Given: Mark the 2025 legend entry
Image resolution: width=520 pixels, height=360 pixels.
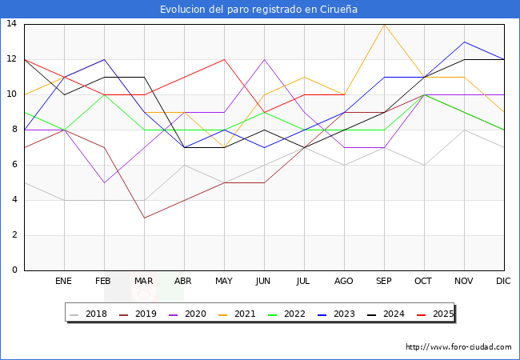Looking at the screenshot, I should point(436,314).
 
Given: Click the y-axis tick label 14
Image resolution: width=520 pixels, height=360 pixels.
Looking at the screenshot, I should point(12,24).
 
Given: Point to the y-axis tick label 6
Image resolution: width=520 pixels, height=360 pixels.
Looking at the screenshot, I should point(14,165).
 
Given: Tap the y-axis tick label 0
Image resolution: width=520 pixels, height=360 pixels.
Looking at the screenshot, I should point(14,270).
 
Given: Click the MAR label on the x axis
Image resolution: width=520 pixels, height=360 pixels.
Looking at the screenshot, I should point(144,282).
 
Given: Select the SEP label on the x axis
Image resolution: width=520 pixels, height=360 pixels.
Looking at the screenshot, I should point(384,282).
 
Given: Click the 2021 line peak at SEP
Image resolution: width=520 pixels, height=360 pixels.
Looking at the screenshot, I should point(384,24).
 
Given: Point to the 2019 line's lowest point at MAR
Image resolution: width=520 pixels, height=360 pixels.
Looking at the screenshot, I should point(144,218).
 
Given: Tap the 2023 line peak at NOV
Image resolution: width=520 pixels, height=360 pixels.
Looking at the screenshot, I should point(464,42).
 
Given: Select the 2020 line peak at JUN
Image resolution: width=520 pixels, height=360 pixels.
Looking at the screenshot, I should point(264,59).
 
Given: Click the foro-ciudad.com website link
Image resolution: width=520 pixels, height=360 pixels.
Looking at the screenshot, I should point(458,347).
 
